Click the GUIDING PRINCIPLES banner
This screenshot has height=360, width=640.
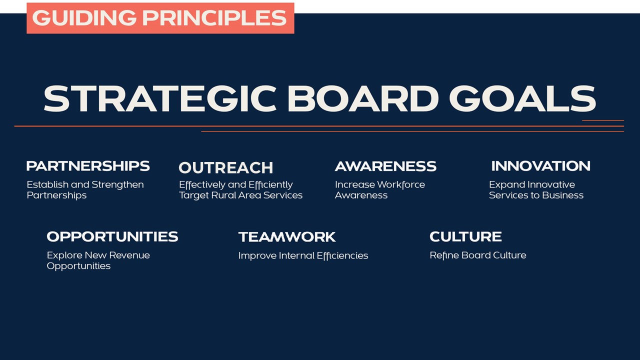[160, 18]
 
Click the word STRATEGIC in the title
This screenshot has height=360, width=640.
[160, 98]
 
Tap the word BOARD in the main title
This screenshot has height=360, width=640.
[363, 98]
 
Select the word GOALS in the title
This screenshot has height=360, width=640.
[522, 98]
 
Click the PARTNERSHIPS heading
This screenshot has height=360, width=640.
[88, 166]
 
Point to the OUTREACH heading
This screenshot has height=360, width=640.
[225, 167]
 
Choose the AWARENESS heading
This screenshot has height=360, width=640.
[385, 166]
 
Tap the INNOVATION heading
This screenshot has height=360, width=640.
[541, 166]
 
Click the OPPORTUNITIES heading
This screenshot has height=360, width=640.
[112, 237]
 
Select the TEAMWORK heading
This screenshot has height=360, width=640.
[287, 237]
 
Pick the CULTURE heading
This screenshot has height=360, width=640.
[465, 236]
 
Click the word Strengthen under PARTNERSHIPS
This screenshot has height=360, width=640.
[117, 185]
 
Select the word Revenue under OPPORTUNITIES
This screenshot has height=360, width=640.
[129, 255]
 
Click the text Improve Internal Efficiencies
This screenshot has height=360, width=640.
[303, 255]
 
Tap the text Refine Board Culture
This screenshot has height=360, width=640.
[478, 255]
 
